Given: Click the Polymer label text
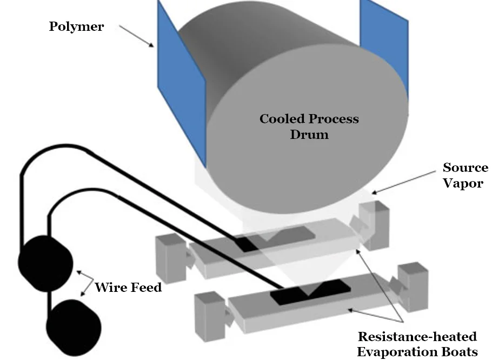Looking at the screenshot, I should click(x=76, y=26).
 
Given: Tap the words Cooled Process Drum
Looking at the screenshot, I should click(x=309, y=126).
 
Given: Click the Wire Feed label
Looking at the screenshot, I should click(x=128, y=287).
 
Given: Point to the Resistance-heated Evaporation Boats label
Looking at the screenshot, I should click(x=417, y=344).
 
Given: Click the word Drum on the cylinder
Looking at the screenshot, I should click(x=309, y=134).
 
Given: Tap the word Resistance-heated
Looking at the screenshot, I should click(x=417, y=337).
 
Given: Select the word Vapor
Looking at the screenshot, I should click(x=463, y=183).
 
